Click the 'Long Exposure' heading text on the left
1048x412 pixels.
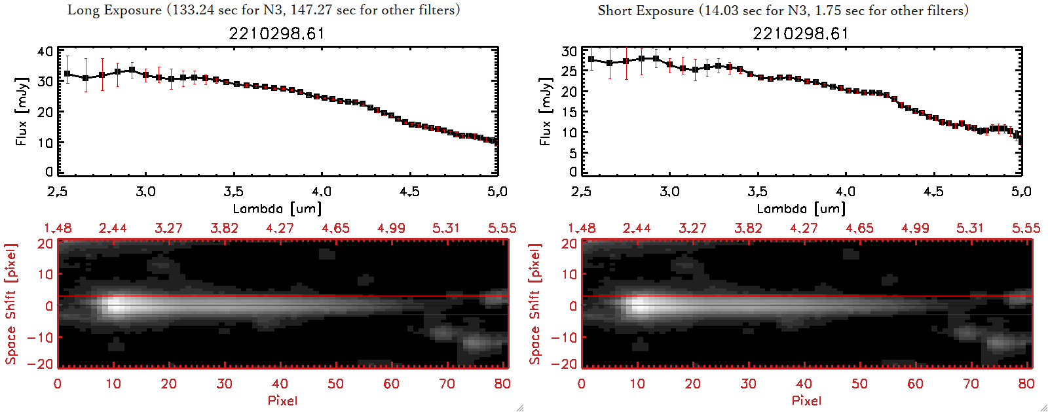(x=115, y=10)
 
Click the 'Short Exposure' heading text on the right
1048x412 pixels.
(x=645, y=10)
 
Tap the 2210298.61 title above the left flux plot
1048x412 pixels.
(x=276, y=33)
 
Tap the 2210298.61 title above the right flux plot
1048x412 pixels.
(x=800, y=33)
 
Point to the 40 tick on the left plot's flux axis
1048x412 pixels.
(x=45, y=52)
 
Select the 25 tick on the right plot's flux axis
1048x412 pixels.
(x=569, y=71)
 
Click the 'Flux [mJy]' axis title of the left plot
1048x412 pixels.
(x=22, y=112)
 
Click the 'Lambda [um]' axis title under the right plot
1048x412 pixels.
(x=800, y=209)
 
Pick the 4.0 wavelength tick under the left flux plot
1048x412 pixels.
(x=321, y=192)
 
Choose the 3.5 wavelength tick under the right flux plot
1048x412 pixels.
(x=757, y=192)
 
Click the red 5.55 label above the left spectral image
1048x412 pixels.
(x=502, y=228)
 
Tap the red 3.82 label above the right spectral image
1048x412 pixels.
(x=748, y=228)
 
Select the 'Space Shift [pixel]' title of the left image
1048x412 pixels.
(x=10, y=304)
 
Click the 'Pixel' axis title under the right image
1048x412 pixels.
(x=806, y=400)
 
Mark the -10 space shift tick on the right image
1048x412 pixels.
(x=564, y=337)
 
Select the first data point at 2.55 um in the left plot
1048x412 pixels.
(x=67, y=74)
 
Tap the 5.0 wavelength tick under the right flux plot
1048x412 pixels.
(x=1021, y=192)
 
